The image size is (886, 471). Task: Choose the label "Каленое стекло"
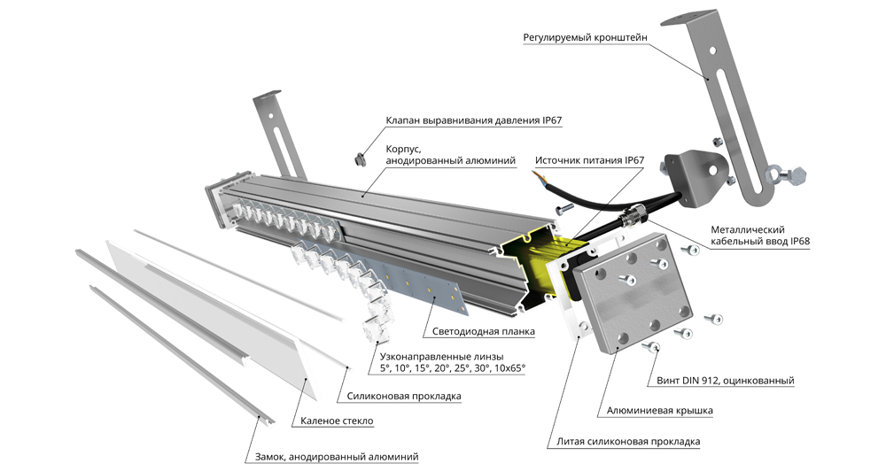pos(337,421)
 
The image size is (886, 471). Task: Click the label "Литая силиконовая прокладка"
pos(628,441)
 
